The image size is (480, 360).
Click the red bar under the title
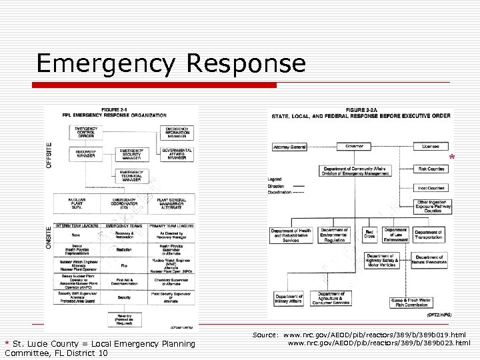coord(156,85)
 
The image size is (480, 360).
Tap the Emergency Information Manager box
coord(177,131)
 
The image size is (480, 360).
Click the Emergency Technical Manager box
coord(131,175)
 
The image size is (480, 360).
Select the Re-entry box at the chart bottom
coord(124,318)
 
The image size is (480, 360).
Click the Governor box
coord(353,146)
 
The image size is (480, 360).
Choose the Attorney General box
coord(289,147)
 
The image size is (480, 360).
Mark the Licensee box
coord(431,147)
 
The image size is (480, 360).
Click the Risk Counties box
coord(431,169)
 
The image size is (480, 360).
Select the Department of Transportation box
coord(428,235)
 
